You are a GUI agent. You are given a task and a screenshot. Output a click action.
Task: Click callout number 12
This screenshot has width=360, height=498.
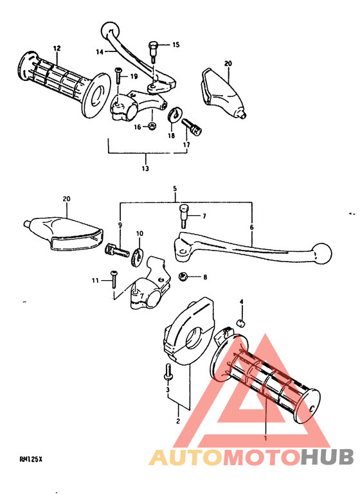(x=57, y=48)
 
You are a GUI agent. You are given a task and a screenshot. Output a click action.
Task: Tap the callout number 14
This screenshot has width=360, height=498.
(x=100, y=51)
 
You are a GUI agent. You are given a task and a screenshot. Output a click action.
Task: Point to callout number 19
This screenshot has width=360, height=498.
(x=134, y=76)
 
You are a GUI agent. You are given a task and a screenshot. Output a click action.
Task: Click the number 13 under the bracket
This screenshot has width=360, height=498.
(x=145, y=168)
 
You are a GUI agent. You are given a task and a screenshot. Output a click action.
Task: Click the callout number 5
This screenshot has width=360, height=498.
(x=174, y=189)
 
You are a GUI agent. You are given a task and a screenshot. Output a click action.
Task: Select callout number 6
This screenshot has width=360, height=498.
(x=251, y=227)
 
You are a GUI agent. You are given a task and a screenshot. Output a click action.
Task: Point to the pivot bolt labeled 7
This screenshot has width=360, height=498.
(x=183, y=215)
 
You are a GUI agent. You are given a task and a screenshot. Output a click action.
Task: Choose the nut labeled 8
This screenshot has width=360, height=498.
(x=183, y=277)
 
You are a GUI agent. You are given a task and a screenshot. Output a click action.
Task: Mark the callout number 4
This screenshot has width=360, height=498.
(x=242, y=301)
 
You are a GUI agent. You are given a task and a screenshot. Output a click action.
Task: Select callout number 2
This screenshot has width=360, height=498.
(x=178, y=422)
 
